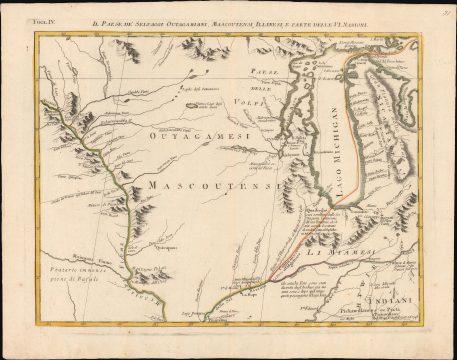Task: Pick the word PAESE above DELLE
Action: click(261, 72)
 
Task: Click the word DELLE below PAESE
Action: click(261, 86)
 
